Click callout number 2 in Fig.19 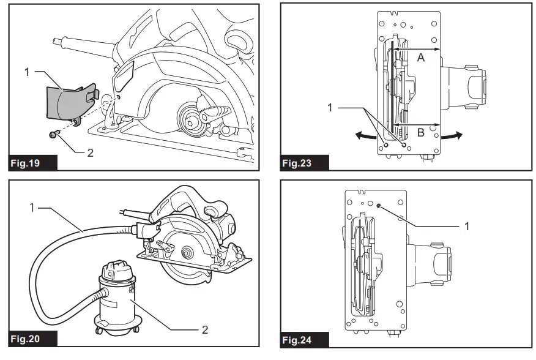tap(91, 152)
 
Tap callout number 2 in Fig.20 tap(205, 329)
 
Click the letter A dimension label tap(420, 58)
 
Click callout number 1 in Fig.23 tap(331, 107)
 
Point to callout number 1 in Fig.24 tap(467, 227)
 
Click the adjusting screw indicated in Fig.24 tap(379, 207)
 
